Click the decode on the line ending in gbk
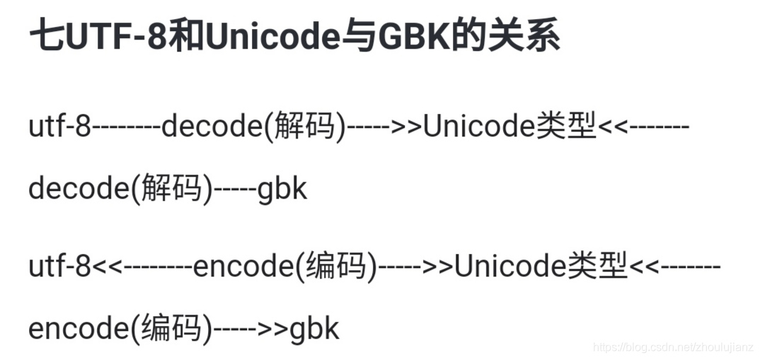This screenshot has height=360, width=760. point(78,190)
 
